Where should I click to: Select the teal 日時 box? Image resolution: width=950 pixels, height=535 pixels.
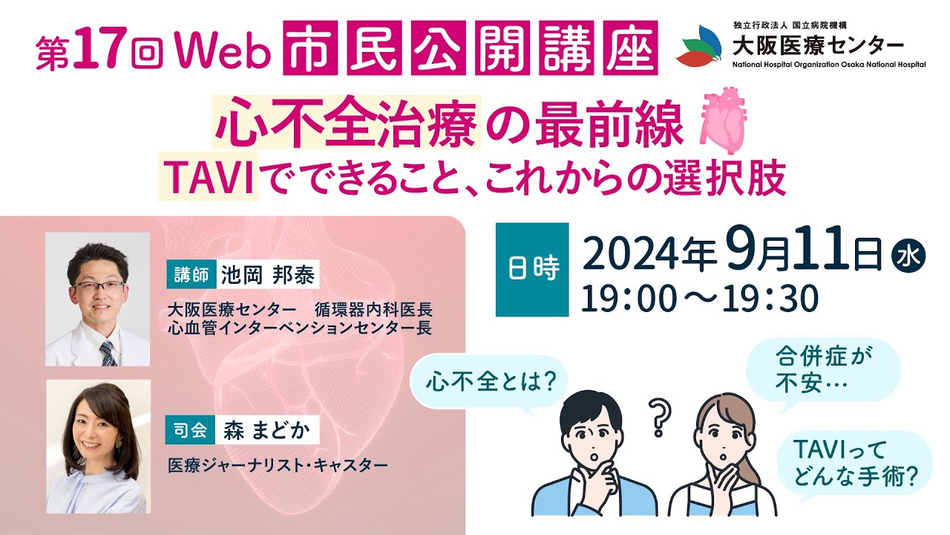coord(532,270)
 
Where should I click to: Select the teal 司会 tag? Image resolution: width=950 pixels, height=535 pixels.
coord(189,429)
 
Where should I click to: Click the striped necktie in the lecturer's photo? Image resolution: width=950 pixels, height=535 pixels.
coord(108,352)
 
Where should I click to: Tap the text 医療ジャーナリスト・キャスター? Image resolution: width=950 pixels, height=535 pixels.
coord(278,466)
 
